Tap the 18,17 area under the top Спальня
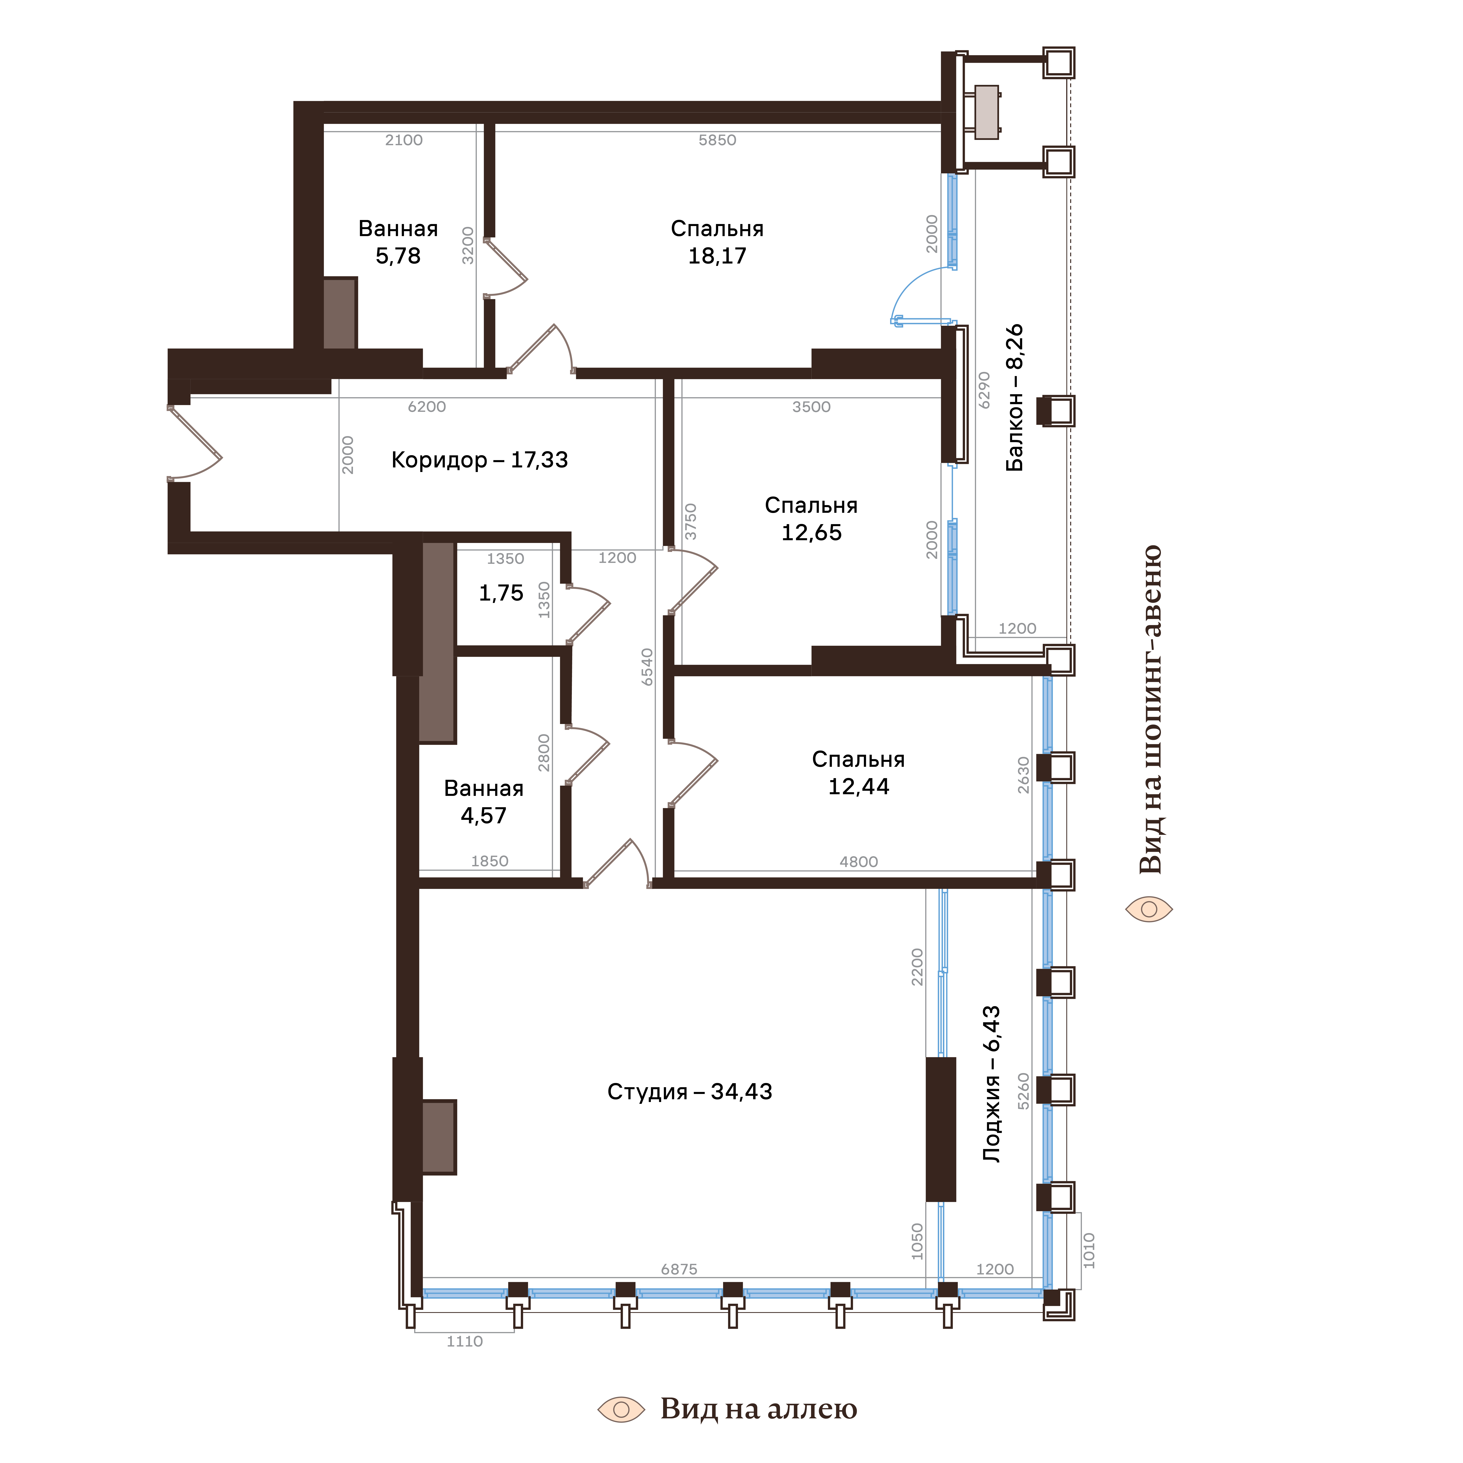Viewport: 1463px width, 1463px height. [717, 256]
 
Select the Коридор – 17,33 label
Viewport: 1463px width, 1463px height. [479, 460]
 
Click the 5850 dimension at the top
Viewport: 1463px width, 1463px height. [717, 140]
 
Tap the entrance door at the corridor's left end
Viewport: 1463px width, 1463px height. [195, 443]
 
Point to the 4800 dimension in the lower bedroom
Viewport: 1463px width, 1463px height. [859, 862]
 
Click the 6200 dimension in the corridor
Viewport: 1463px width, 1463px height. [427, 407]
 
